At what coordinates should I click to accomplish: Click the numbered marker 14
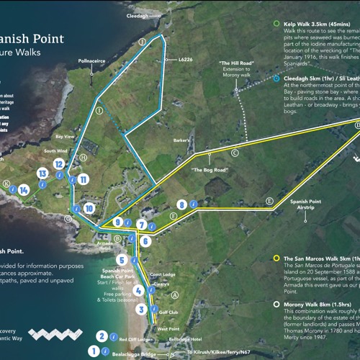tap(25, 189)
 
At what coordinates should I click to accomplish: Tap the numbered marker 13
tap(43, 174)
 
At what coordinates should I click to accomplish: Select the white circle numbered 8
tap(182, 206)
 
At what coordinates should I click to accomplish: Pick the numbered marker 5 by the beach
tap(122, 260)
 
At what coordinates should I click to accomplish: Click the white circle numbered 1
tap(93, 351)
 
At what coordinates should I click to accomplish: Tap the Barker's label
tap(182, 140)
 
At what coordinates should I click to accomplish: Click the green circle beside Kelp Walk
tap(276, 24)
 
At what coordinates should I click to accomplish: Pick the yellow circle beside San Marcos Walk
tap(276, 257)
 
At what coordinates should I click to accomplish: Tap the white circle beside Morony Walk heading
tap(276, 305)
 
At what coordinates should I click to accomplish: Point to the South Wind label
tap(55, 150)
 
